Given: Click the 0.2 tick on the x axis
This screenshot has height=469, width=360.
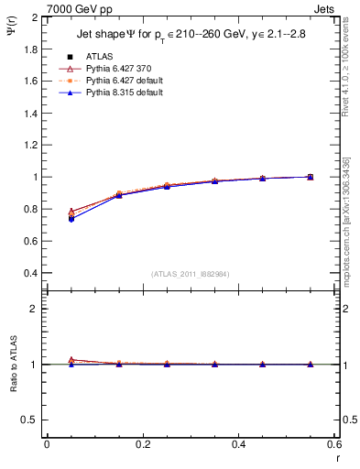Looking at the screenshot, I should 142,444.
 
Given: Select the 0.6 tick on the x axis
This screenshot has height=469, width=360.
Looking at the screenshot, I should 333,444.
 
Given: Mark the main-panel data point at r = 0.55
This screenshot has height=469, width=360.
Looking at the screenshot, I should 311,177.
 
